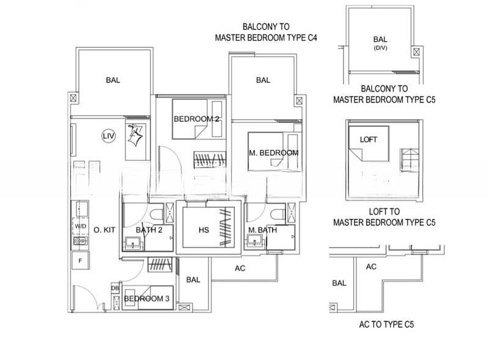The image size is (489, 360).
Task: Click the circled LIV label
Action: pos(109,136)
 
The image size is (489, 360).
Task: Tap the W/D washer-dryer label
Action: pos(81,226)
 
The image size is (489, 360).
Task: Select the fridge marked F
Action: pos(81,260)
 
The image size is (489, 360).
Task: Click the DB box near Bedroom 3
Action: pos(115,288)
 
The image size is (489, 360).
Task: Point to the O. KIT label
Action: pos(105,230)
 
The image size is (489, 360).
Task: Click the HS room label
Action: pos(204,230)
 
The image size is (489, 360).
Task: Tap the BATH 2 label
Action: pos(149,230)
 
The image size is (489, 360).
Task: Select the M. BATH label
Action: pos(263,230)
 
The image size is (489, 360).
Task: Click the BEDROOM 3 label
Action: pos(147,298)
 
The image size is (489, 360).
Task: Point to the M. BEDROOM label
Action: pos(273,153)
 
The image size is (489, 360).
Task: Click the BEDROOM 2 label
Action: pos(196,119)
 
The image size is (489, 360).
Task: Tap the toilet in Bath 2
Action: pos(156,215)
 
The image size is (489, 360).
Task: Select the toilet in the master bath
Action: pos(278,215)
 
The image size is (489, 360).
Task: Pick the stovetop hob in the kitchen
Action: pos(81,241)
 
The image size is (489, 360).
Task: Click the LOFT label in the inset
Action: pos(369,139)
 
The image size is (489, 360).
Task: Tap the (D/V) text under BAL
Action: pos(380,48)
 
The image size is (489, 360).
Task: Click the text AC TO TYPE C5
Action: pos(386,325)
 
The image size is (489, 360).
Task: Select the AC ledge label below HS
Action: pos(240,268)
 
